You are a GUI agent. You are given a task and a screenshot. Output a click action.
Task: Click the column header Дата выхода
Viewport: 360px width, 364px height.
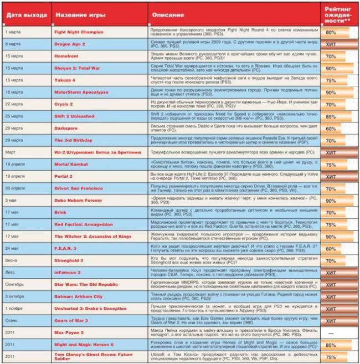[x=23, y=15]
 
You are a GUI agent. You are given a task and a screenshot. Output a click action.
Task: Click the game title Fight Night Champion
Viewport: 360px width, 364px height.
[x=79, y=33]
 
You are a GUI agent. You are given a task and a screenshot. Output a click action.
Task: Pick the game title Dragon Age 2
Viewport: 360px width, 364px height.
[x=70, y=44]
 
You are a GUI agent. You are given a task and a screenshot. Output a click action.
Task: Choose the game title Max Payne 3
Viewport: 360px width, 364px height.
[x=69, y=332]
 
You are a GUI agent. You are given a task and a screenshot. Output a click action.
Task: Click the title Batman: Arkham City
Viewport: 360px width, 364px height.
[x=78, y=296]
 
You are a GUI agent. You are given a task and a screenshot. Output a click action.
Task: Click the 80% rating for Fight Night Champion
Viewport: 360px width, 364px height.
[x=331, y=33]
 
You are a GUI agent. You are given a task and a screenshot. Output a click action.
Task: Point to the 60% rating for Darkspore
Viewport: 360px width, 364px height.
[x=331, y=129]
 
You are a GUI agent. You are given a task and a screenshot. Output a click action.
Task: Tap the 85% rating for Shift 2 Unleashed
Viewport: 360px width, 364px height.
[x=331, y=116]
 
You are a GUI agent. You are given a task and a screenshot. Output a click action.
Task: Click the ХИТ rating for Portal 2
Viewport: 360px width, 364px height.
[x=331, y=176]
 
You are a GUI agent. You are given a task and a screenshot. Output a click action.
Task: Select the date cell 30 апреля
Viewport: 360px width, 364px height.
[x=17, y=188]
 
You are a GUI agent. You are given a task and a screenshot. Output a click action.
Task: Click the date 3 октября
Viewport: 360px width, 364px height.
[x=17, y=296]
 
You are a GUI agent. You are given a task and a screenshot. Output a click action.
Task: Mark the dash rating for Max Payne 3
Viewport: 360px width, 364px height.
[x=331, y=332]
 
